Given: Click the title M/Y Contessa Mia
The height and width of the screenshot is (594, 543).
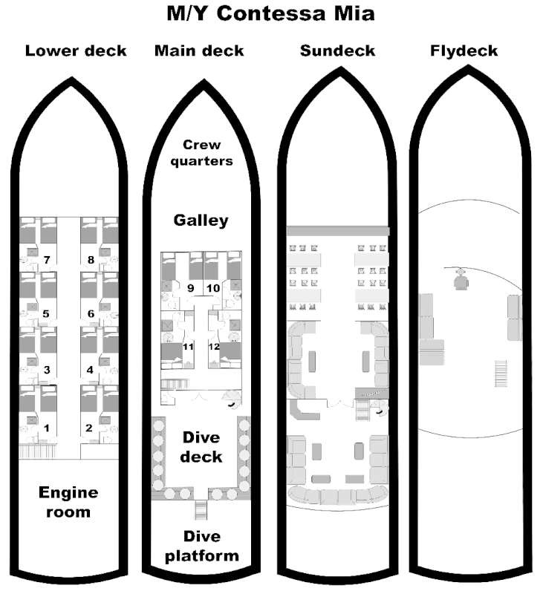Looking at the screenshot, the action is point(270,13).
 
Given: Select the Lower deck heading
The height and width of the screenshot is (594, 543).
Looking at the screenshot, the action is point(76,50).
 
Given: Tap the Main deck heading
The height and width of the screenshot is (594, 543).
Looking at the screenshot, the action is point(199,50).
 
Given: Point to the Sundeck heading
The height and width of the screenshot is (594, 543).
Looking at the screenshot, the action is point(338,50).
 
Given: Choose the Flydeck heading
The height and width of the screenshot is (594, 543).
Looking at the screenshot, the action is point(464,50).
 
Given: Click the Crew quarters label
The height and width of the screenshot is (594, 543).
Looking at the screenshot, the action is point(201,153).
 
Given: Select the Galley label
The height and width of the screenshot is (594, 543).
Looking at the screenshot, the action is point(201,221).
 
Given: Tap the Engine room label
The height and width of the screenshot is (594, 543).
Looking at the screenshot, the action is point(68,502).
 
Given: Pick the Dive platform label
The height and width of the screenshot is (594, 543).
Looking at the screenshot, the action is point(202,546).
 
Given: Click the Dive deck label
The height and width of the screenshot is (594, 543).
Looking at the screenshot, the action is point(201,447).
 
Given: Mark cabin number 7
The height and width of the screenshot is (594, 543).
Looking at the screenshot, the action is point(47,260).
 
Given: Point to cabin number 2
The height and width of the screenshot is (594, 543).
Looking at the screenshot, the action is point(89,428).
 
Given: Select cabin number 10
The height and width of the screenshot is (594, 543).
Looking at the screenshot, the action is point(213,288).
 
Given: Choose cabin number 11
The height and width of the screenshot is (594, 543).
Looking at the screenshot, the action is point(189,347).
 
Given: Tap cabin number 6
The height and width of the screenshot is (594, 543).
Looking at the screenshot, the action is point(91,313).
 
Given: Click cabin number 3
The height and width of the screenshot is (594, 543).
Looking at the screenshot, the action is point(47,370).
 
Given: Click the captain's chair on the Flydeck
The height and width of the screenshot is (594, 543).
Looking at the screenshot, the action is point(461,281).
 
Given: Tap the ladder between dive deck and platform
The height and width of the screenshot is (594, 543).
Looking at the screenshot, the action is point(201,510).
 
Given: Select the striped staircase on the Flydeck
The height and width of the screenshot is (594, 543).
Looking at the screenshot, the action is point(501,373).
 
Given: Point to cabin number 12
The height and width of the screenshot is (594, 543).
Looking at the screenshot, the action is point(214,347).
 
